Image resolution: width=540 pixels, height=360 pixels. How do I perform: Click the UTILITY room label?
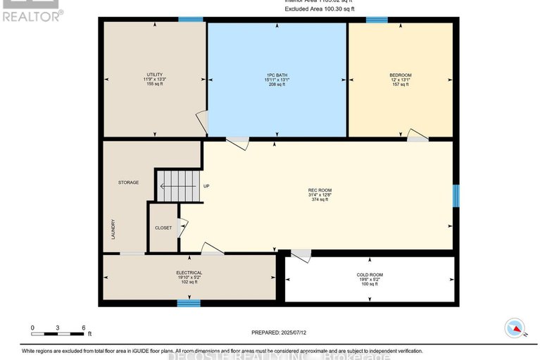tap(154, 75)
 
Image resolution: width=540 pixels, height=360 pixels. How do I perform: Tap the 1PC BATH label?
tap(276, 75)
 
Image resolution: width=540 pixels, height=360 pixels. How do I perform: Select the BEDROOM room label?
tap(401, 75)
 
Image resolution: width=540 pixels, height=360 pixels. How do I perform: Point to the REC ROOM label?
tap(320, 190)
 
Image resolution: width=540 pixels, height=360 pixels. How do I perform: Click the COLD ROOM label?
tap(370, 275)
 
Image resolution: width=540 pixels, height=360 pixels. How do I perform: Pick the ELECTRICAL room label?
tap(189, 273)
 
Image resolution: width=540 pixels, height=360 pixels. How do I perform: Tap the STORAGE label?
tap(128, 182)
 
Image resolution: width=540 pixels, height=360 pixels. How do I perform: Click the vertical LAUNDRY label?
tap(113, 229)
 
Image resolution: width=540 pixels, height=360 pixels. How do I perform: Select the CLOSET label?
tap(163, 228)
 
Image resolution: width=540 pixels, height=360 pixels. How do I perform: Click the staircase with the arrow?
tap(177, 186)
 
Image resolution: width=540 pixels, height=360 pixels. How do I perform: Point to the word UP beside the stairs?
tap(206, 186)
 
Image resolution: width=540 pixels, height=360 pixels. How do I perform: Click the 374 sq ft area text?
tap(320, 200)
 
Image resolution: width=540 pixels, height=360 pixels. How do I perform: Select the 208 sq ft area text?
tap(276, 85)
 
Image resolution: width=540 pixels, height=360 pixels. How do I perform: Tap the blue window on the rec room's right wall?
tap(456, 196)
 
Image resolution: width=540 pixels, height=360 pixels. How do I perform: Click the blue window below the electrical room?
tap(184, 303)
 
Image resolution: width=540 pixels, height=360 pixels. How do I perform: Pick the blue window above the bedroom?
tap(377, 20)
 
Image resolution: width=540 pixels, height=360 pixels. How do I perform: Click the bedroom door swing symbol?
tap(417, 136)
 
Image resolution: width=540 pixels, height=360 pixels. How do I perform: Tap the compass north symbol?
tap(515, 328)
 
